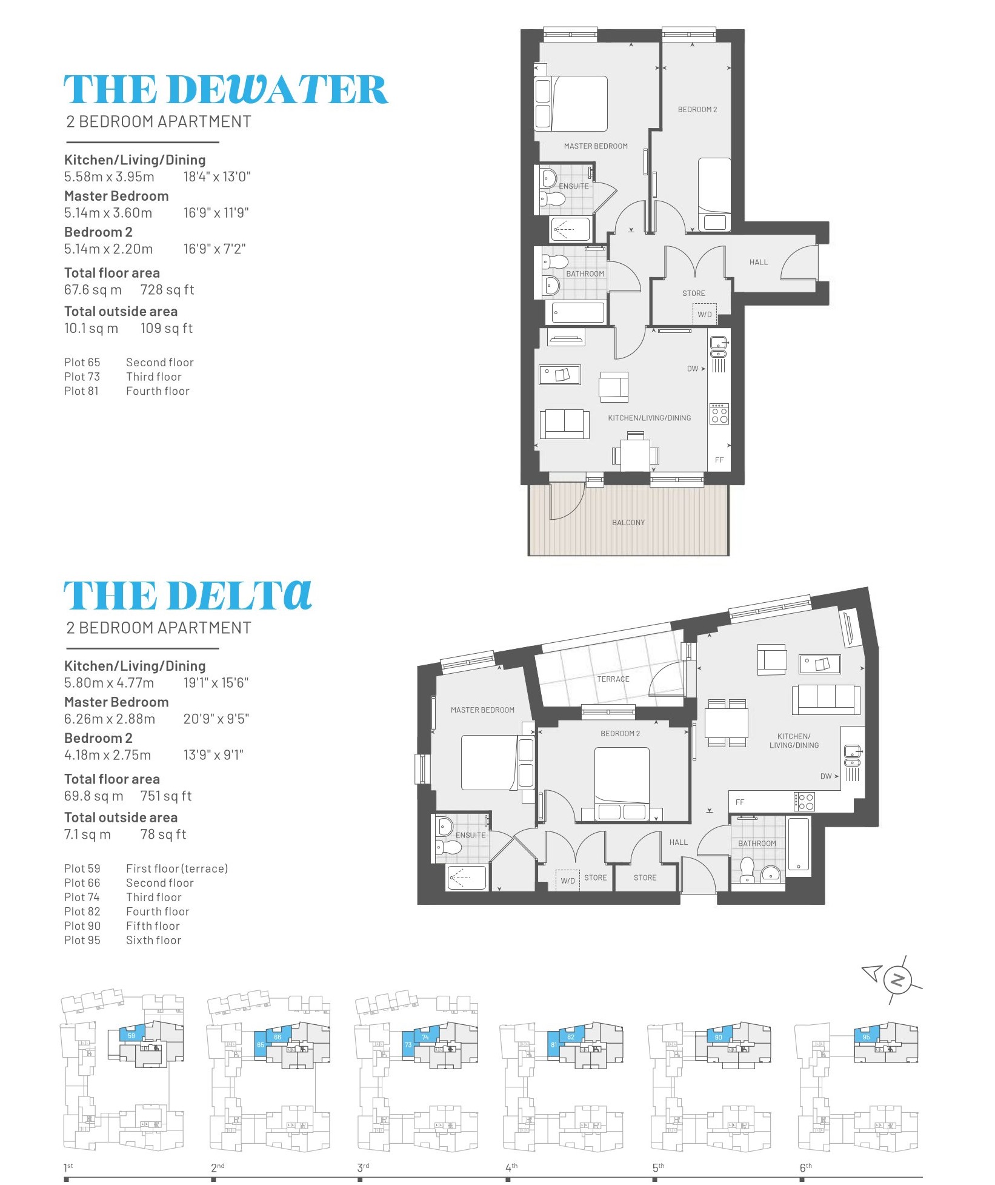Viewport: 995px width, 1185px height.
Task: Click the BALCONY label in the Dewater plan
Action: pos(628,523)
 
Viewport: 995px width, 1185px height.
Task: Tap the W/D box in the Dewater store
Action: pos(704,314)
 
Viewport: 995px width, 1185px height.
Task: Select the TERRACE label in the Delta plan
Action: pos(613,679)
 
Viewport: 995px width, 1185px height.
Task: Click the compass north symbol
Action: pos(897,981)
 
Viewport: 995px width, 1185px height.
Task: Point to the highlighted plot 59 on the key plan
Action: pos(132,1036)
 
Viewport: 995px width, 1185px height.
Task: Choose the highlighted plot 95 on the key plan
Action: pos(867,1036)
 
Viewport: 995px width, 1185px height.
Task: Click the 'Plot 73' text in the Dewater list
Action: pos(82,377)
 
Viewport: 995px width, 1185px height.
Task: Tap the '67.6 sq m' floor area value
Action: pos(93,290)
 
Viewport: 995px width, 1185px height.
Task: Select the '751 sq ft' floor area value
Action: pos(166,796)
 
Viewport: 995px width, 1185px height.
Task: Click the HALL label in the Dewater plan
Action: pos(758,263)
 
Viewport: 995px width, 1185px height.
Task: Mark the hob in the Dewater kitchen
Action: pos(719,414)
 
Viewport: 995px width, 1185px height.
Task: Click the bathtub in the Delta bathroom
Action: pos(798,845)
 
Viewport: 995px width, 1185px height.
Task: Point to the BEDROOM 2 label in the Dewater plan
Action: pos(697,110)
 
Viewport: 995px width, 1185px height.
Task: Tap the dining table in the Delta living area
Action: pos(726,723)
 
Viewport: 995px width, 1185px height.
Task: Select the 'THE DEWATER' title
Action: pos(225,90)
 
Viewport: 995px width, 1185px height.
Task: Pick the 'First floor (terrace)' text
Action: pos(177,868)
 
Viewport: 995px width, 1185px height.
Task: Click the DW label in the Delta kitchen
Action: pos(826,776)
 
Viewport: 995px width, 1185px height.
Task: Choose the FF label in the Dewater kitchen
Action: pos(719,460)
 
